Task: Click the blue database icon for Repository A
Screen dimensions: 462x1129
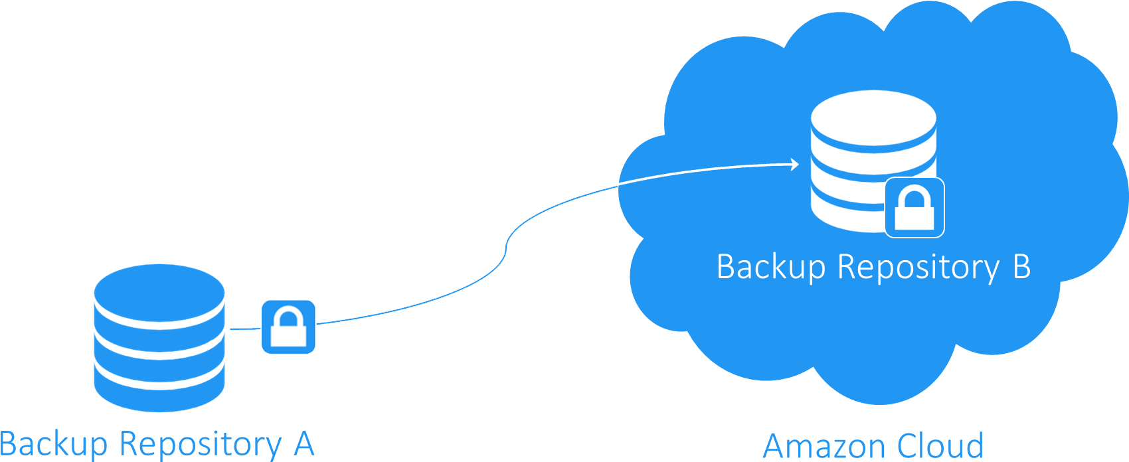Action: (x=159, y=339)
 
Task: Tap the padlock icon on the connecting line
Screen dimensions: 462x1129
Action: (x=288, y=327)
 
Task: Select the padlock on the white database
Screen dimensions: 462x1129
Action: (x=914, y=207)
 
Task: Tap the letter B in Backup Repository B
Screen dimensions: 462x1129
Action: (x=1021, y=267)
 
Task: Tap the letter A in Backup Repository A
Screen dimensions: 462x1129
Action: (x=304, y=443)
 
